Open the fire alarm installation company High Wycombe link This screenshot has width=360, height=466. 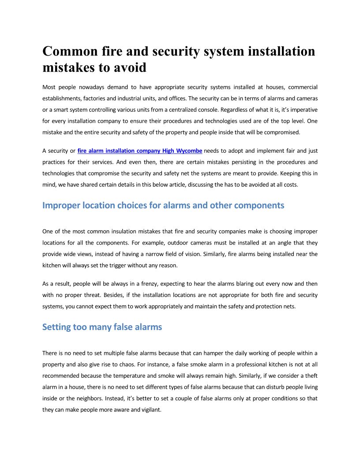coord(140,151)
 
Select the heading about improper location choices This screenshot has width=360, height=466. coord(163,205)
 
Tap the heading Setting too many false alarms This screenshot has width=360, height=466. coord(102,327)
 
